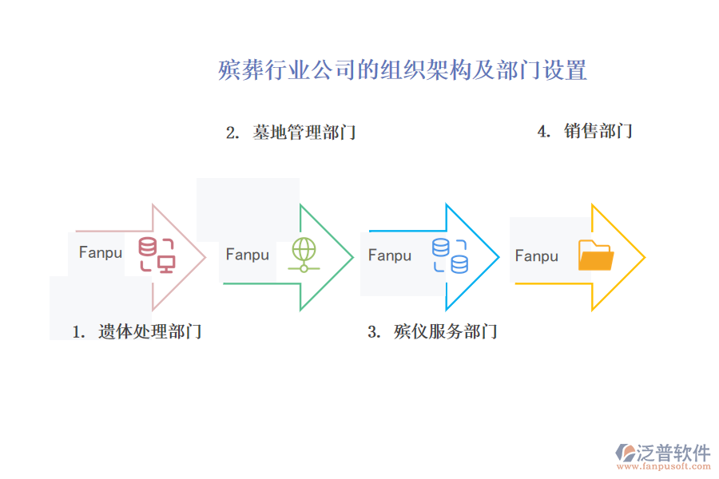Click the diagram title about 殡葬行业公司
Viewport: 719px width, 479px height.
pos(403,70)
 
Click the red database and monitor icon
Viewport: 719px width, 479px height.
pos(157,255)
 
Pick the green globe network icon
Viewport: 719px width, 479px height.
pos(304,255)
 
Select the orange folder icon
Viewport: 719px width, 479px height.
pos(595,255)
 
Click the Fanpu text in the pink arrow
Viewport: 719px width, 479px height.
pos(101,252)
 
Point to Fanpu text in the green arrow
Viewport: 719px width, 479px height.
pos(248,255)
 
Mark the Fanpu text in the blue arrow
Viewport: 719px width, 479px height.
pos(390,255)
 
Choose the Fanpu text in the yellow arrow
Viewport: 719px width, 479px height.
pos(537,256)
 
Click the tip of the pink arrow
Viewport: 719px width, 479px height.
pos(205,256)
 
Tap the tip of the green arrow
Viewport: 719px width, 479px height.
pos(352,256)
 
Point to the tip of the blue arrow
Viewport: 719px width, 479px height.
pos(498,256)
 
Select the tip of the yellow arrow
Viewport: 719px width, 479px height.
pos(643,256)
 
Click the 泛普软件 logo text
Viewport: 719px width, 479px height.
pos(673,453)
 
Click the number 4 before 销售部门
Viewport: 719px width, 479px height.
pos(542,132)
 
